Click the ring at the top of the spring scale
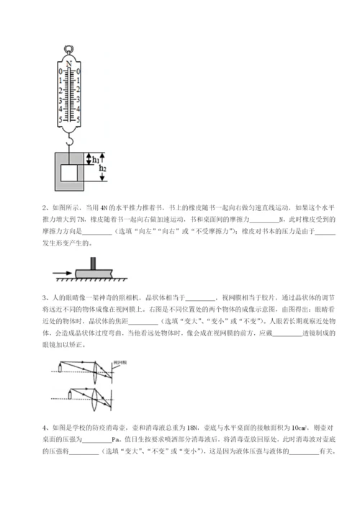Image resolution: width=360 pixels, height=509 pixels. (x=69, y=50)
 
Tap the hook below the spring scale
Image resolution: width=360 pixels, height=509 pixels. (x=69, y=143)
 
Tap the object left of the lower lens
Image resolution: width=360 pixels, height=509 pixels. (x=71, y=395)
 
